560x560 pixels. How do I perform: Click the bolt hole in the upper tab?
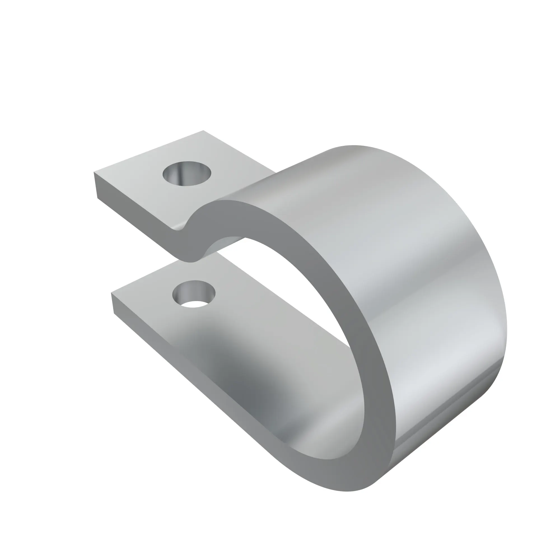point(187,174)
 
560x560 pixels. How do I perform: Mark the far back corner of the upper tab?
point(203,131)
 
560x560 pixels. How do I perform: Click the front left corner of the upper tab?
point(94,172)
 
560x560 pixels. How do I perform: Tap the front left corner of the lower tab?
point(111,293)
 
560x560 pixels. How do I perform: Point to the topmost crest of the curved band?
point(352,146)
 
